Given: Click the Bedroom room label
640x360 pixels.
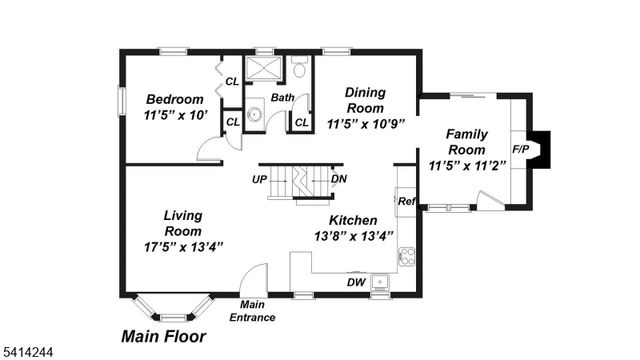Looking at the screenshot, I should (175, 99).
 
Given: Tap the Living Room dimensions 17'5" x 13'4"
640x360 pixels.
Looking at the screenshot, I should (182, 246).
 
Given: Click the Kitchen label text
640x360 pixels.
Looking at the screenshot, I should (353, 220).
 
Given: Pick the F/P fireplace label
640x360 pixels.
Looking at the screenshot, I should (521, 150).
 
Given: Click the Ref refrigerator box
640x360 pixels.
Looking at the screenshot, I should (406, 201).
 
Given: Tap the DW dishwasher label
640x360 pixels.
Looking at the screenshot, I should (355, 282).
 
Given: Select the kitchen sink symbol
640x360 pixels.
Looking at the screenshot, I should (381, 283).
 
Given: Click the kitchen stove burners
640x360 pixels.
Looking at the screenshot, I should (406, 258).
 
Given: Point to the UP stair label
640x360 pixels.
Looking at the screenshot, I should (260, 180).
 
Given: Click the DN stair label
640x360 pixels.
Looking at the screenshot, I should (339, 180).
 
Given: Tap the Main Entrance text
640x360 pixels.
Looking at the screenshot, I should (252, 311).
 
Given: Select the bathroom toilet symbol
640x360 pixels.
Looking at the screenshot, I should (299, 67).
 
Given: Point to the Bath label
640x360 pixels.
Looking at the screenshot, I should (282, 98).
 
